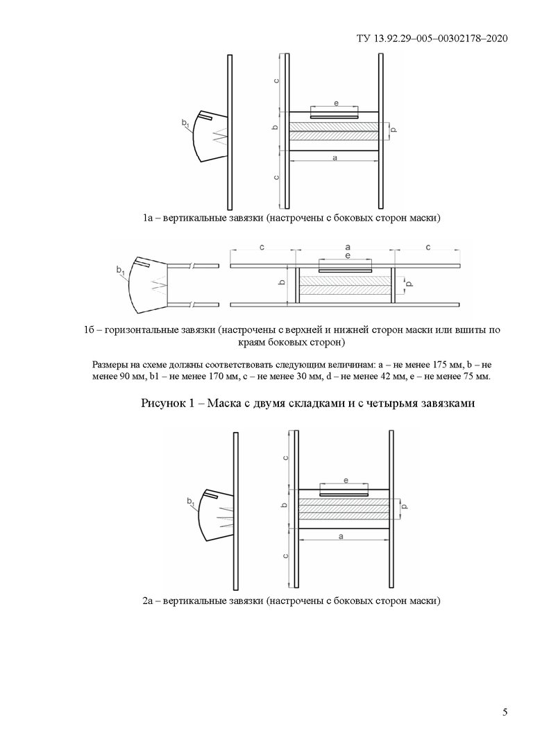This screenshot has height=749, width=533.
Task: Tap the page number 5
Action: [505, 712]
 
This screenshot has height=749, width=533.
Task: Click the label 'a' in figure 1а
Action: [335, 158]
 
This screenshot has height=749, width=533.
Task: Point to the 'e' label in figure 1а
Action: [335, 103]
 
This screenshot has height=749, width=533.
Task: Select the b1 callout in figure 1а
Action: [185, 123]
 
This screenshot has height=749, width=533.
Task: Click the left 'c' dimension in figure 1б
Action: [261, 248]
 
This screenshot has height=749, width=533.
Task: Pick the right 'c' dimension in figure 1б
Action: [428, 248]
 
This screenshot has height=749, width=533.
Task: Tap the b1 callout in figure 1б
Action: [121, 270]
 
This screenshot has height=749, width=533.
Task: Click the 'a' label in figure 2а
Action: [341, 536]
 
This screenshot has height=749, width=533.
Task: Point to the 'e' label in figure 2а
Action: [345, 480]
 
